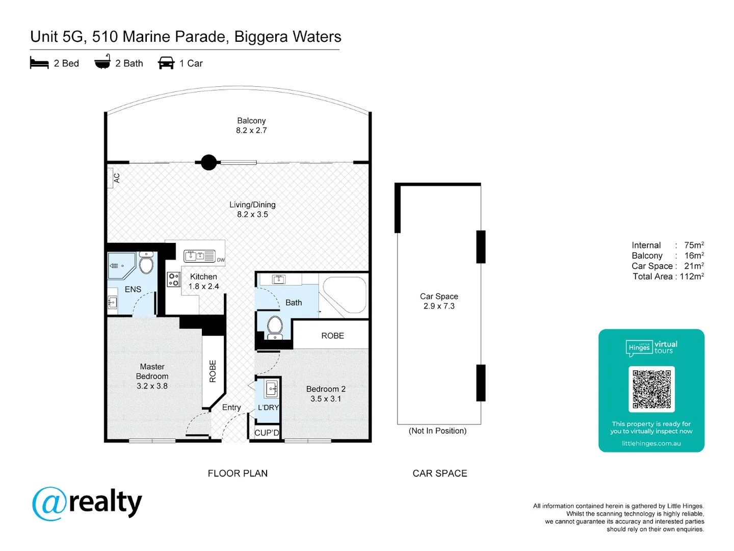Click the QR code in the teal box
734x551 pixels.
[x=651, y=389]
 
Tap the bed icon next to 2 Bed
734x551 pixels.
[x=39, y=63]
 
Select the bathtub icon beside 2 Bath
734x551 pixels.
[x=102, y=62]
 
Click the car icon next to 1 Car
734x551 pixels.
[x=166, y=63]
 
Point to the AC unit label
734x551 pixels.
[x=116, y=178]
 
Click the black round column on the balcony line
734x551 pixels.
[x=208, y=162]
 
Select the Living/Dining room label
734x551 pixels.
[x=252, y=205]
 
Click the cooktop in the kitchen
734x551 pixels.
[x=173, y=279]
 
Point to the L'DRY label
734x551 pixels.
[x=268, y=407]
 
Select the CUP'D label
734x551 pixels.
[x=267, y=433]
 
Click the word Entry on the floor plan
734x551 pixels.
[x=231, y=407]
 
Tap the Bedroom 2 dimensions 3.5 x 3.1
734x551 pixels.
[x=326, y=399]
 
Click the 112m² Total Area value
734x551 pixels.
[x=692, y=277]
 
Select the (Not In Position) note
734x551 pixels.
[x=437, y=431]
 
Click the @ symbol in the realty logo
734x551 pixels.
[x=49, y=504]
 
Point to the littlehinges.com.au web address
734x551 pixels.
[x=651, y=443]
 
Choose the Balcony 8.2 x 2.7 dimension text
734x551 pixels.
[x=251, y=131]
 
